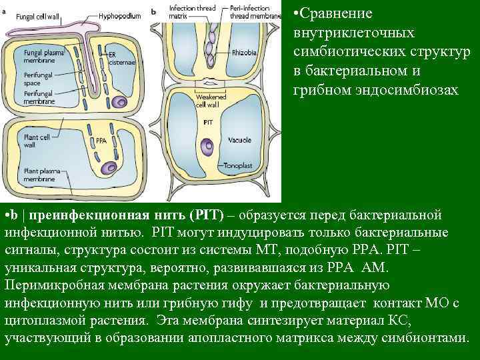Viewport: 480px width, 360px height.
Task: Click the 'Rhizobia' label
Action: pos(243,52)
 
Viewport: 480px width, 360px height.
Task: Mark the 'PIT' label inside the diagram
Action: pos(207,124)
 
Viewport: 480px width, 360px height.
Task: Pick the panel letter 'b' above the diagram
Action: pos(154,11)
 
